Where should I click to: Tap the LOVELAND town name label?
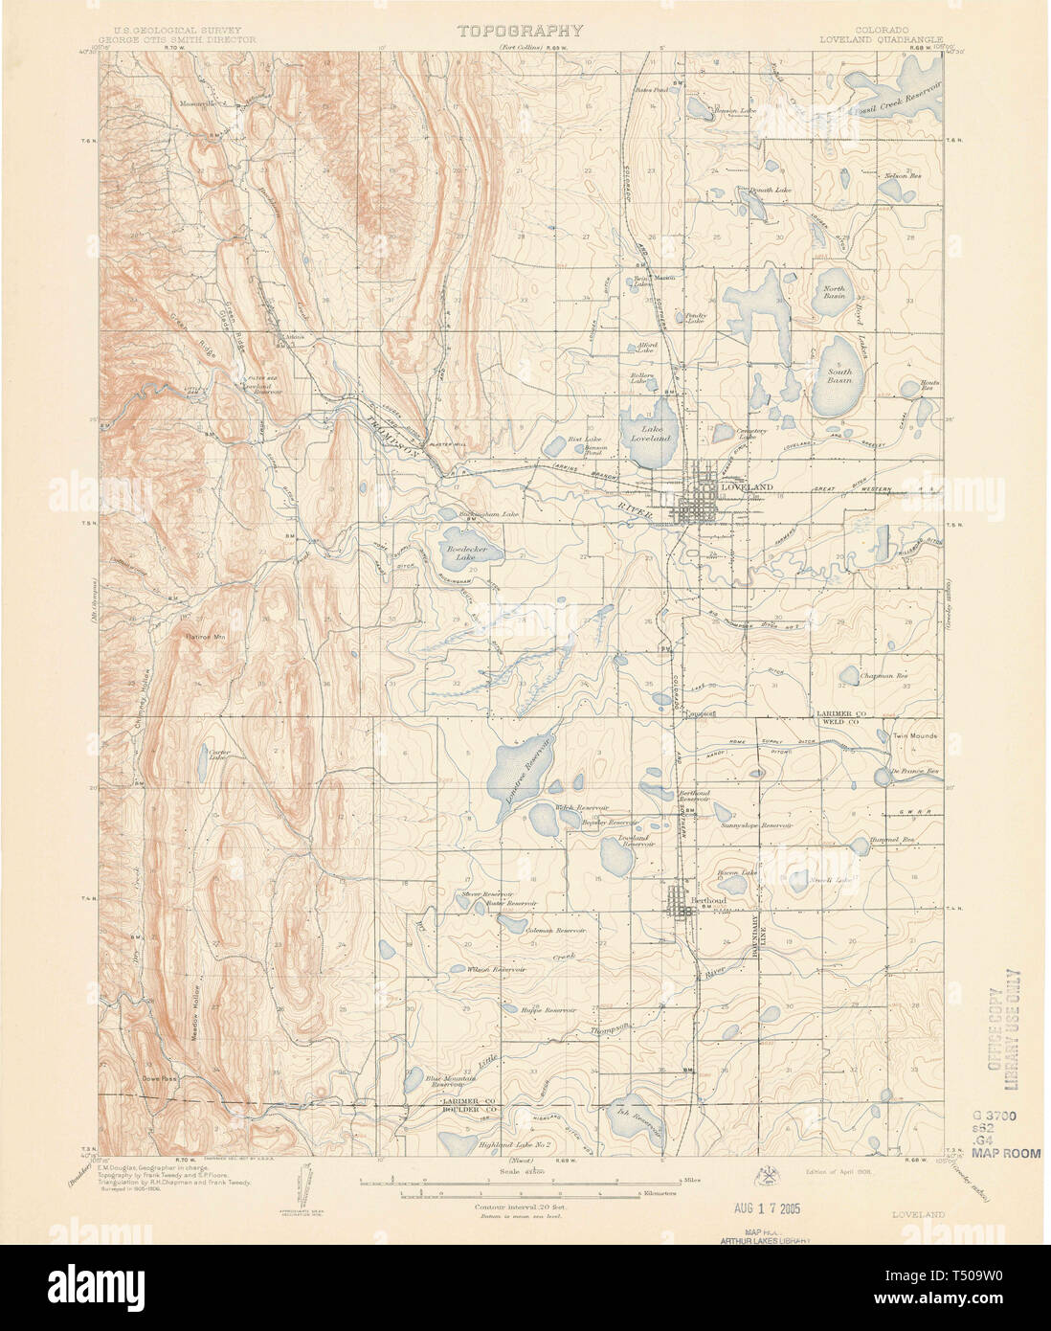tap(746, 487)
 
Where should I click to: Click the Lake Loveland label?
tap(655, 434)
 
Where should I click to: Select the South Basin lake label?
tap(839, 374)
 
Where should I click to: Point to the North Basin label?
tap(835, 292)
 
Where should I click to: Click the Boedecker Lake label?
tap(464, 552)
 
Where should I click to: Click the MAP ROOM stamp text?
tap(1005, 1153)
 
